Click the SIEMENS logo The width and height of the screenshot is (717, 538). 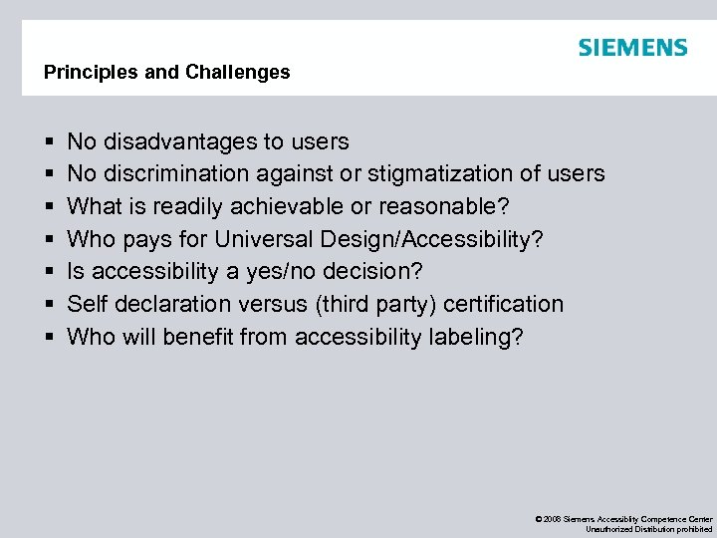(x=632, y=48)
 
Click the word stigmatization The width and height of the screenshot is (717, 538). (x=440, y=173)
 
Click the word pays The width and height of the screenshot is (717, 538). (x=146, y=239)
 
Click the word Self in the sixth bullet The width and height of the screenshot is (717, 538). (x=87, y=304)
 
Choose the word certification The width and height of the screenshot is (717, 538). (x=504, y=304)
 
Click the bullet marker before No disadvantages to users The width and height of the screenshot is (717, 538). (x=48, y=142)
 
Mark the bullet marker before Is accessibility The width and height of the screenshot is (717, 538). (x=48, y=272)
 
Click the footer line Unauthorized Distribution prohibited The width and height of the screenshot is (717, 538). (x=648, y=529)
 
